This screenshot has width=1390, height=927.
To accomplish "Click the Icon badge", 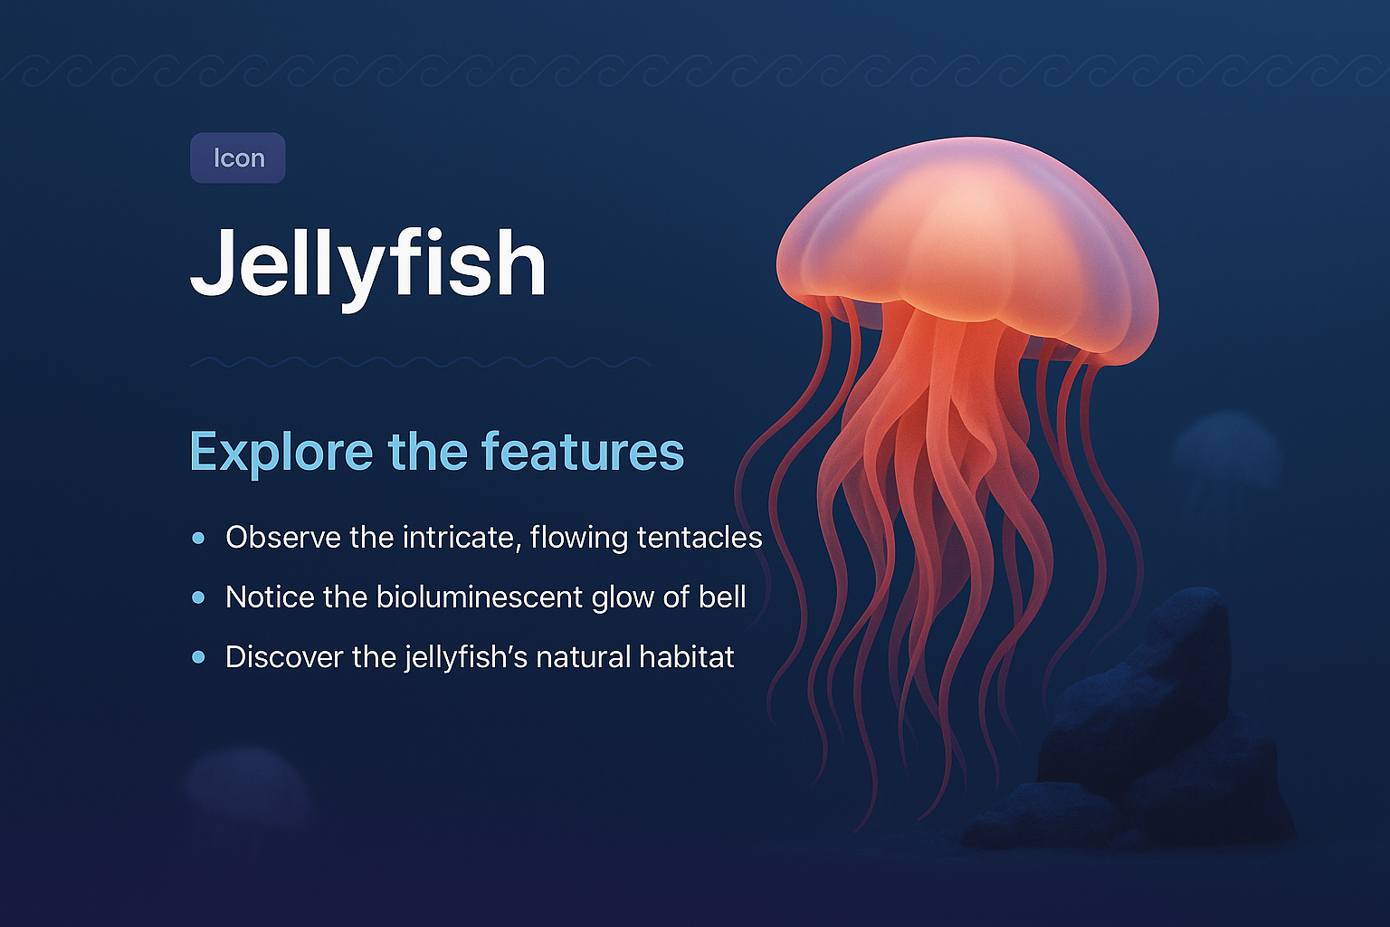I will pos(238,158).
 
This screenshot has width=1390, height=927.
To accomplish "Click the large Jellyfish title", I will pos(367,263).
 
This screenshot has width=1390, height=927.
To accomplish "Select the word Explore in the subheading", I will pos(281,451).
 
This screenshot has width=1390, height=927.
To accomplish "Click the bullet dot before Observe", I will pos(199,538).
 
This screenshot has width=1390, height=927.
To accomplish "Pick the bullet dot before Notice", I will pos(199,597).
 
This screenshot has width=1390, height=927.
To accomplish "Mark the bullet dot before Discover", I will pos(199,657).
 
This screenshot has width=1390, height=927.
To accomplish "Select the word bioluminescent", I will pos(480,597).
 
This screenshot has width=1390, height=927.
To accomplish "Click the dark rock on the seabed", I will pos(1149,724).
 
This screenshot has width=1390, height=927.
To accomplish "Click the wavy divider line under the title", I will pos(420,362).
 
